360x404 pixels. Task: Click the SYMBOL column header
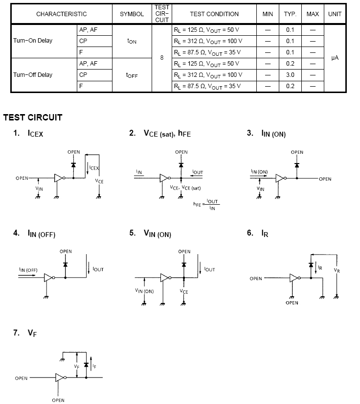pyautogui.click(x=132, y=14)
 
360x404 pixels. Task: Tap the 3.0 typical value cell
pyautogui.click(x=290, y=75)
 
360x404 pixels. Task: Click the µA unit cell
pyautogui.click(x=335, y=58)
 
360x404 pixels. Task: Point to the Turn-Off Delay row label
pyautogui.click(x=33, y=75)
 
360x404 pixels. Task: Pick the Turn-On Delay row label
pyautogui.click(x=33, y=41)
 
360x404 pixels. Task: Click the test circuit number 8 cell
pyautogui.click(x=161, y=58)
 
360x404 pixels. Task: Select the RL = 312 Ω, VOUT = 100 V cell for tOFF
pyautogui.click(x=208, y=75)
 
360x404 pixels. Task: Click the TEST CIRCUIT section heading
pyautogui.click(x=33, y=118)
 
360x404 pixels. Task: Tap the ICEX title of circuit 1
pyautogui.click(x=36, y=134)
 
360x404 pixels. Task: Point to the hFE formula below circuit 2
pyautogui.click(x=205, y=204)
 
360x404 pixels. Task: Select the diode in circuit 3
pyautogui.click(x=297, y=165)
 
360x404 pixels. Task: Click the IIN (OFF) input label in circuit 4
pyautogui.click(x=28, y=270)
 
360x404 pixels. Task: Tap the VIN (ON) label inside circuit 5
pyautogui.click(x=145, y=291)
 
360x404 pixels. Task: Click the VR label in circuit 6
pyautogui.click(x=337, y=270)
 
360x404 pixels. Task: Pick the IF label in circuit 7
pyautogui.click(x=94, y=365)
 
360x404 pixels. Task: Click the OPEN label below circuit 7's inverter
pyautogui.click(x=58, y=400)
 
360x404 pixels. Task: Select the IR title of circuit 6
pyautogui.click(x=265, y=234)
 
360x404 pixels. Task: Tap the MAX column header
pyautogui.click(x=313, y=14)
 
